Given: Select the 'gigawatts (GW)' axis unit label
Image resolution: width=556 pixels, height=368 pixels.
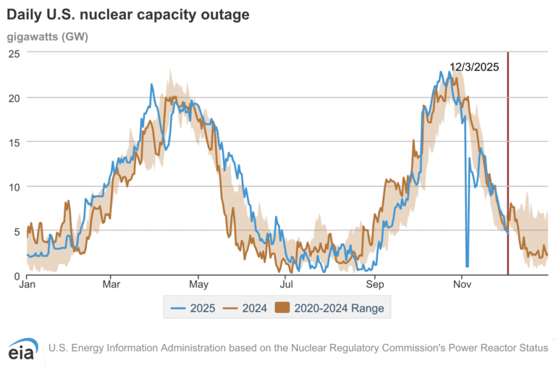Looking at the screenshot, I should [x=47, y=36].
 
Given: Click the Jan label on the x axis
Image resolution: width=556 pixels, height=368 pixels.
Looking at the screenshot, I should [x=27, y=285].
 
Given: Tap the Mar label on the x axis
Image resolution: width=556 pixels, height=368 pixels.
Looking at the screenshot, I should [x=111, y=285].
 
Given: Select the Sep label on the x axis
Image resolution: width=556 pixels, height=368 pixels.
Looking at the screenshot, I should [x=374, y=285].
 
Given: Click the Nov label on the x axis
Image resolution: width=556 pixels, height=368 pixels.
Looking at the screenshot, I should [x=462, y=285].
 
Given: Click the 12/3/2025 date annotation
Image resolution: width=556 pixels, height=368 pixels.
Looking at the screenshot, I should [x=474, y=67].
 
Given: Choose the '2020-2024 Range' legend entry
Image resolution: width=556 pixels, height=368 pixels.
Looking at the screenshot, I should [x=330, y=308].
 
